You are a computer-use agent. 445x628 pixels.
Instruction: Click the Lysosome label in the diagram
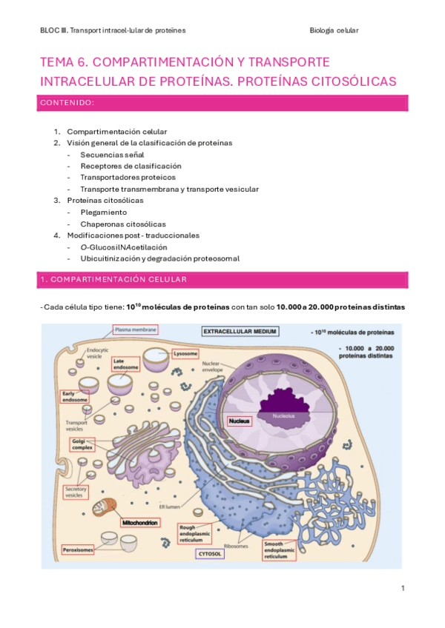click(185, 353)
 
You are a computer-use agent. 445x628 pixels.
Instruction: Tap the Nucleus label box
click(240, 421)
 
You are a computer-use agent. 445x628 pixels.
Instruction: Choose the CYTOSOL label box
click(208, 553)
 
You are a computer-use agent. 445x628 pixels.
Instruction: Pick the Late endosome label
click(122, 364)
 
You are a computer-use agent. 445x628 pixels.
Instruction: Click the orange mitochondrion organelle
click(106, 510)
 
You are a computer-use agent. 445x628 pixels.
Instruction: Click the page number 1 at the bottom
click(402, 589)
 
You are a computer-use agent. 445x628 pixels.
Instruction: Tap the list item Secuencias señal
click(112, 155)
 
